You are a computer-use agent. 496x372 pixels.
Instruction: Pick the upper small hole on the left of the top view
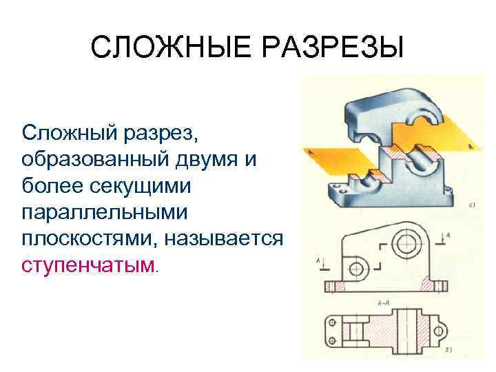tap(332, 322)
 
